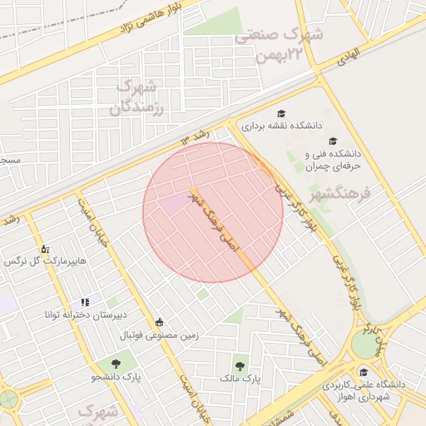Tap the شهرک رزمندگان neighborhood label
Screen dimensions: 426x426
[136, 97]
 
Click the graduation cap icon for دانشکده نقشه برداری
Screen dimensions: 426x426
[280, 114]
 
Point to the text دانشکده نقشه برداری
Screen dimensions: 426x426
[280, 127]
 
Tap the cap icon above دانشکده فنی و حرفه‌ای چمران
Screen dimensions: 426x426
[333, 141]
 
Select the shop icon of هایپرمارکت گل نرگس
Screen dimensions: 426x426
[45, 249]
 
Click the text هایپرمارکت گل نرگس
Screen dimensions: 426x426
[45, 262]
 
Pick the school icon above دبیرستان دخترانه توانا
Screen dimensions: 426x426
[84, 302]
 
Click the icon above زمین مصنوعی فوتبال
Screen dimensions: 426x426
[160, 323]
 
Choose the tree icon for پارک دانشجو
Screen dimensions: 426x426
[115, 363]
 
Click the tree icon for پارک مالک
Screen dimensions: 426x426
[240, 364]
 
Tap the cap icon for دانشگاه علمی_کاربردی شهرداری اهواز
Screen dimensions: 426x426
[363, 372]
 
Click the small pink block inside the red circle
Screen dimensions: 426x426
[174, 204]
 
